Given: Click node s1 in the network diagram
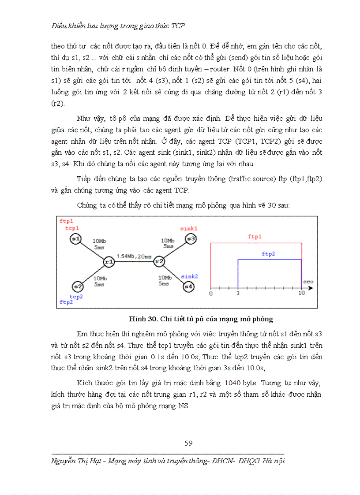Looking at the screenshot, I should (75, 238).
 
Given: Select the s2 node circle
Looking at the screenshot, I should (78, 286).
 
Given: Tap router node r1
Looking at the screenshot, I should (109, 262).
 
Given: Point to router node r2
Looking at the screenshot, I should (159, 262).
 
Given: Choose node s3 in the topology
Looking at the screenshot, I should (191, 238).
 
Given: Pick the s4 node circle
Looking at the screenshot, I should (188, 286).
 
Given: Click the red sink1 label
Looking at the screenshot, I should (189, 228).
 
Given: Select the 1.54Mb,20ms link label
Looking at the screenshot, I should (134, 256).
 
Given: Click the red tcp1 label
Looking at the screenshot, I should (71, 228).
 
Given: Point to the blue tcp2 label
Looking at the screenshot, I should (75, 297).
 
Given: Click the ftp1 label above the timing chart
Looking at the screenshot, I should (255, 237).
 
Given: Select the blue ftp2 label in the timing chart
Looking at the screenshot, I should (268, 254).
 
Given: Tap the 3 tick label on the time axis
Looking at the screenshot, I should (238, 294).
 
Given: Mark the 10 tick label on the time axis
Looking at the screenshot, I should (301, 294).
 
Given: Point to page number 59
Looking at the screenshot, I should (188, 443).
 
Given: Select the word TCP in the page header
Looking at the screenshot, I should (178, 26).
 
